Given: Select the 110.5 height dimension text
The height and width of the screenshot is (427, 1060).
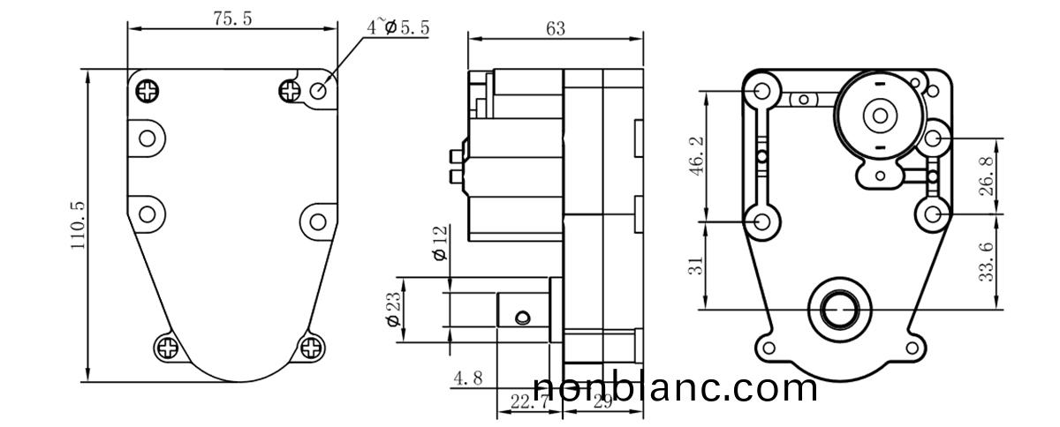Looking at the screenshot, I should coord(78,228).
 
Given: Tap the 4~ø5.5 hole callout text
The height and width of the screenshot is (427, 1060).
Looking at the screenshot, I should coord(398,27).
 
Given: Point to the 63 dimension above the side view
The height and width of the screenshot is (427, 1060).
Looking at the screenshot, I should coord(556,28).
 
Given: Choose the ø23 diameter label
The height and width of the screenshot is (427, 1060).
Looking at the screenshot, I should coord(394,310).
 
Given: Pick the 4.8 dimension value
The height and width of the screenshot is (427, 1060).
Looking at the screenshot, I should coord(467,379).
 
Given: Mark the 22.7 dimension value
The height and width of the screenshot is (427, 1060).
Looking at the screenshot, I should coord(525,402).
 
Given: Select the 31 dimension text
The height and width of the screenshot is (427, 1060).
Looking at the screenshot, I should coord(697,265).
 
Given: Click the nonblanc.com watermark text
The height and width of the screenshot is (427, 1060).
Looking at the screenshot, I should coord(676,388).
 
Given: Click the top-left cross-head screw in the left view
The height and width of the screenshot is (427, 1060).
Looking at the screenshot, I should coord(148,89).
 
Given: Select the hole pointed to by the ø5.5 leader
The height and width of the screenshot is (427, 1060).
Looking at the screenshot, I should coord(321,89).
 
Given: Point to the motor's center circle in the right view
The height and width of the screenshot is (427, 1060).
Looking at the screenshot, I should coord(880,115).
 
